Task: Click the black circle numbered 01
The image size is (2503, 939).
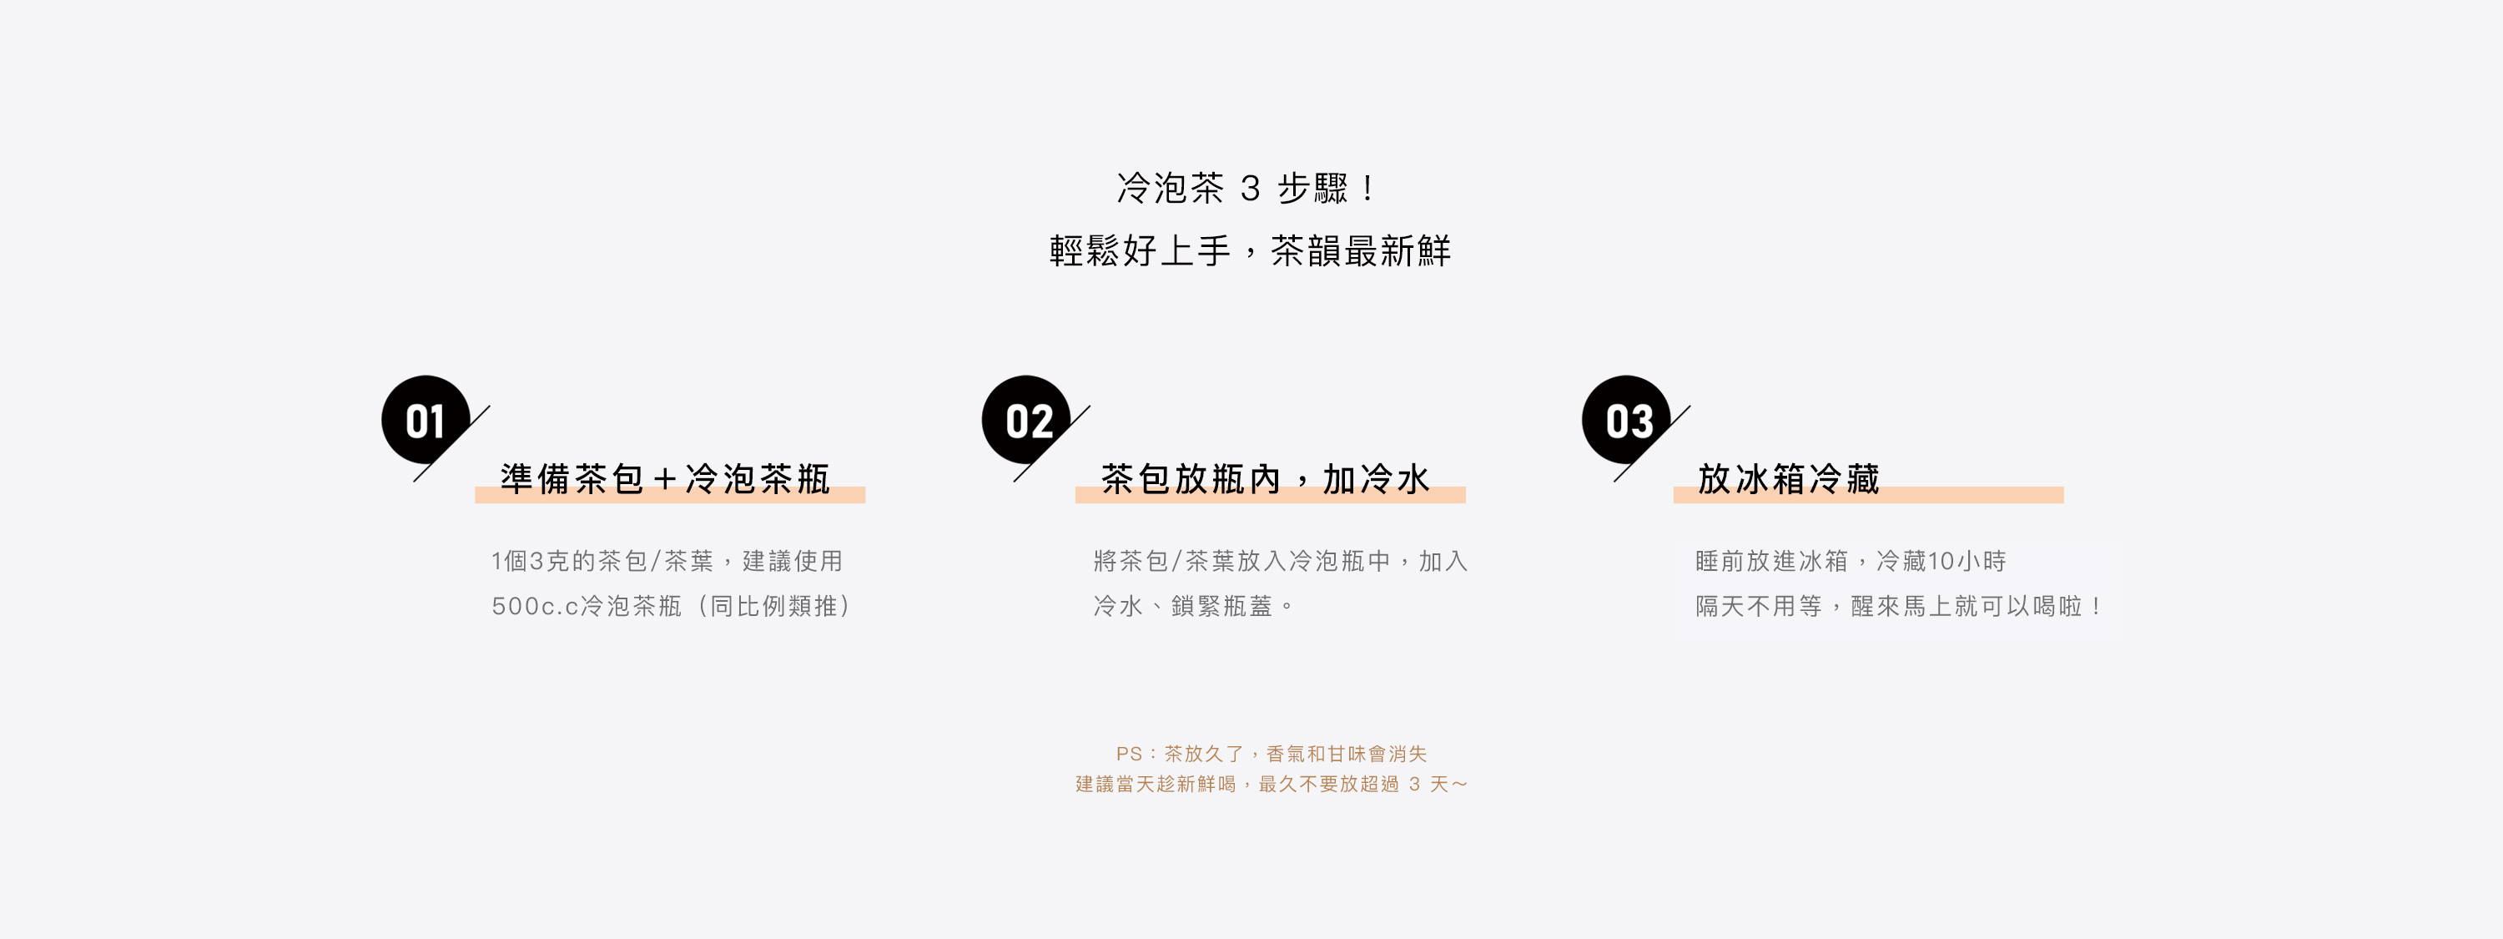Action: [426, 420]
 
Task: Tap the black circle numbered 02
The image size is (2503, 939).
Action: [1026, 420]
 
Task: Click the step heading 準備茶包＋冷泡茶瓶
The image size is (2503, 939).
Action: [666, 479]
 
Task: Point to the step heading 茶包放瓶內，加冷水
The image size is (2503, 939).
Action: [1265, 479]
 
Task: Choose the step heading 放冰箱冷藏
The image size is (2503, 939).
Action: [1788, 479]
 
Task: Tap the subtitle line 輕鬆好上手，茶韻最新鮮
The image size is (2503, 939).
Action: [1250, 250]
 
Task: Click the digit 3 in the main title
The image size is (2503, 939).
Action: [1251, 189]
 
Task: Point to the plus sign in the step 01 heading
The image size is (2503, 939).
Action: [665, 479]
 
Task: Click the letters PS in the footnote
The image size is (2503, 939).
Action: [1128, 755]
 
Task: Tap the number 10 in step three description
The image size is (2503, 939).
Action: [1941, 561]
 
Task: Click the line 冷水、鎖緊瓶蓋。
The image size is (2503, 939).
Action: [1193, 607]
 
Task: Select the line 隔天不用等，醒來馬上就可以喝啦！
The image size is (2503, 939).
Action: [1900, 607]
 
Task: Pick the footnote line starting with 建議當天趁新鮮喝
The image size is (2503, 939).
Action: [1271, 785]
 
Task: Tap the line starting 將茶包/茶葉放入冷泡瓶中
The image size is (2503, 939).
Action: [1280, 561]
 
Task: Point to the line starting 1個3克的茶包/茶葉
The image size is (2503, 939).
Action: [667, 561]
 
